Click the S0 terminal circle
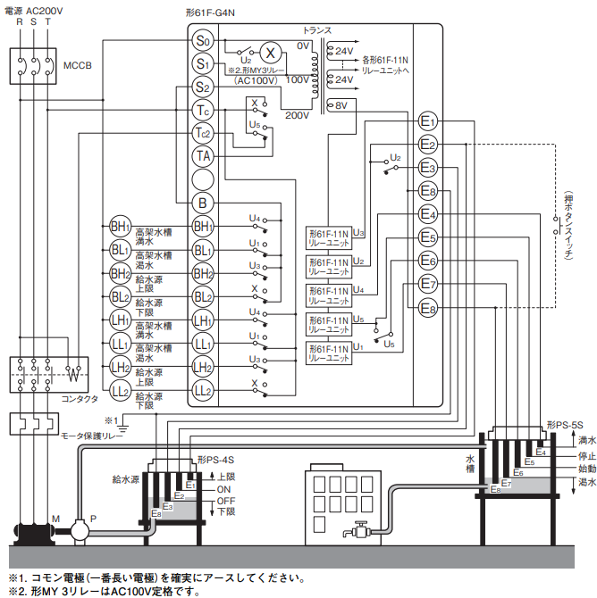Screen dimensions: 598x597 [x=203, y=41]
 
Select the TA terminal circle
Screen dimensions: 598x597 [x=203, y=156]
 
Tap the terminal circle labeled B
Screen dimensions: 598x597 [x=203, y=203]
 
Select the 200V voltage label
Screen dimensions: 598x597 [x=296, y=115]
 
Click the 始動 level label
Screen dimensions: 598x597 [x=586, y=469]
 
